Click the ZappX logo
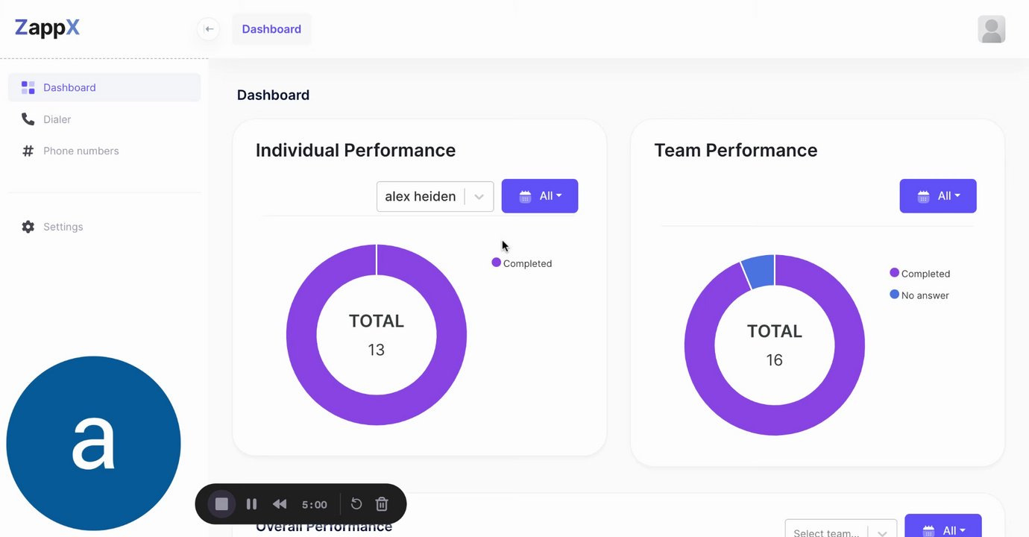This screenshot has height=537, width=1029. point(47,28)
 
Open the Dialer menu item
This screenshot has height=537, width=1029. point(57,119)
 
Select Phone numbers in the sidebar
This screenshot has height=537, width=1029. point(81,151)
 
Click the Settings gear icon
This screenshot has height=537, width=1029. point(28,227)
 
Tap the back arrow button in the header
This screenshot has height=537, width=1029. point(209,29)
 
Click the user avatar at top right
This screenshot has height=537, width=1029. point(991,29)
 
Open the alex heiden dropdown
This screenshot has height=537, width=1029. point(435,196)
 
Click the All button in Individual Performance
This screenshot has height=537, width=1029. point(539,196)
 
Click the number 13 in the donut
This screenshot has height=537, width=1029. point(376,350)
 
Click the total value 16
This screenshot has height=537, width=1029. point(774,360)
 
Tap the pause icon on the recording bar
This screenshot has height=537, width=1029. point(251,504)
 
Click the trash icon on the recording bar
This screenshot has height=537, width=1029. point(382,504)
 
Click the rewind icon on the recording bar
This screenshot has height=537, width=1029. point(280,504)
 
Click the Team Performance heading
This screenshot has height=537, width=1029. point(735,150)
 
